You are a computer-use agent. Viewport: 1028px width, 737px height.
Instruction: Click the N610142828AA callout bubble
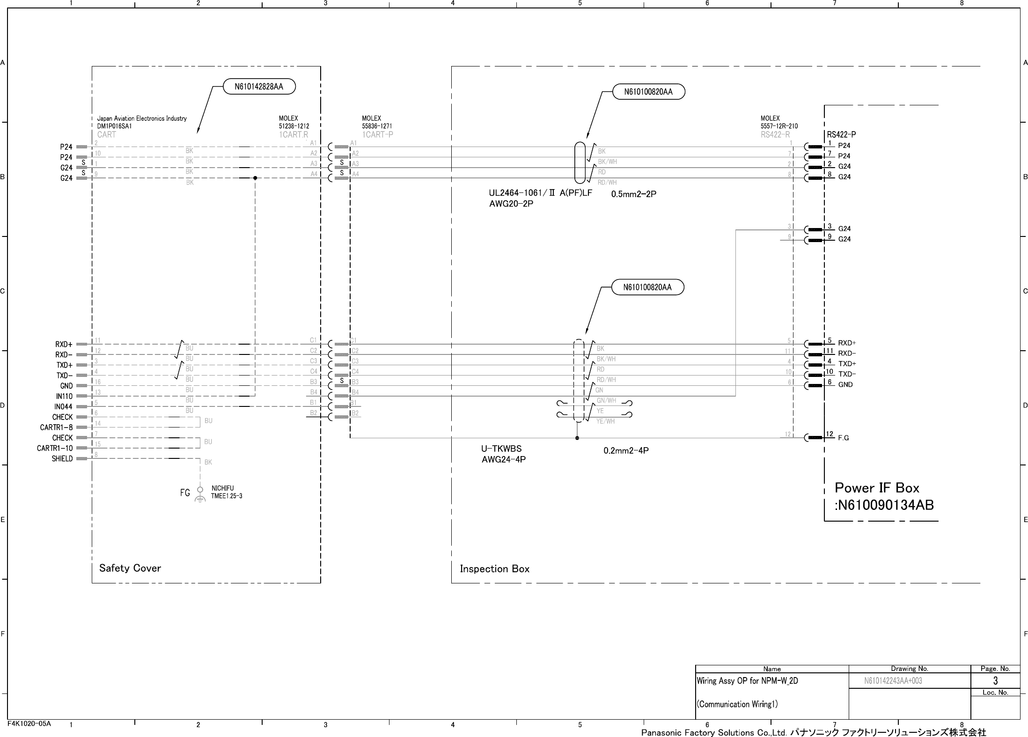(x=259, y=87)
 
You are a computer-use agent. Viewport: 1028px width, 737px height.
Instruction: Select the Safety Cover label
(x=130, y=568)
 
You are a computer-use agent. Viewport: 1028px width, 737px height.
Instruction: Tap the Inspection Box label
(x=494, y=569)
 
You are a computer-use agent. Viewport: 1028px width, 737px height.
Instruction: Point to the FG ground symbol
(x=200, y=495)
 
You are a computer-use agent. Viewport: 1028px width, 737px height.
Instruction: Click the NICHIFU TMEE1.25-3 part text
(x=227, y=492)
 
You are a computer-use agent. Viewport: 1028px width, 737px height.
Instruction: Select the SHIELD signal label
(x=62, y=459)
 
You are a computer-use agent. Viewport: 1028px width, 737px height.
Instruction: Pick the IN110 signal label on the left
(x=64, y=396)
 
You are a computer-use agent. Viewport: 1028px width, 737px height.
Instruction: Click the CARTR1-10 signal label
(x=55, y=448)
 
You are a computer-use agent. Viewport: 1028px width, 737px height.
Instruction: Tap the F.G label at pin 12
(x=843, y=438)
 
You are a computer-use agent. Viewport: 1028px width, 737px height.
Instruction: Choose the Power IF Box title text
(x=877, y=488)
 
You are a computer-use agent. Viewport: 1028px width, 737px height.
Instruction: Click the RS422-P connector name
(x=841, y=135)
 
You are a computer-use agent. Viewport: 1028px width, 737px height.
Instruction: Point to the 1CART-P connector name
(x=377, y=135)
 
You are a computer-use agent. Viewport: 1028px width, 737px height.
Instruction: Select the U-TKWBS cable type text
(x=501, y=449)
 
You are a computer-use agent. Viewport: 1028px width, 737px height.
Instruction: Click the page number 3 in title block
(x=995, y=680)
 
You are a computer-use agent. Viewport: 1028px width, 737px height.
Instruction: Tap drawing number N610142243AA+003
(x=893, y=681)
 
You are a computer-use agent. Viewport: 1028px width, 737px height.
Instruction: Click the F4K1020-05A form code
(x=29, y=723)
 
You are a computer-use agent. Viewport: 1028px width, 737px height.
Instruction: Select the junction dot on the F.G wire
(x=577, y=438)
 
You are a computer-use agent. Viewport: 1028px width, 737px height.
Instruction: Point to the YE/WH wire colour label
(x=605, y=421)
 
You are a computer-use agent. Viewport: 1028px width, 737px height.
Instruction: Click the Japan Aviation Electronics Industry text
(x=141, y=118)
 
